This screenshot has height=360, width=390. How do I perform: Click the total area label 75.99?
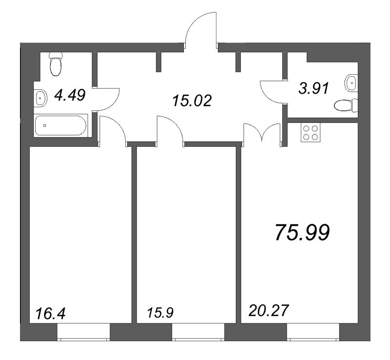point(302,233)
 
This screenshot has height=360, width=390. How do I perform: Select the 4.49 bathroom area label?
point(70,94)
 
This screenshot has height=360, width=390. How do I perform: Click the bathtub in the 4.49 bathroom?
point(60,125)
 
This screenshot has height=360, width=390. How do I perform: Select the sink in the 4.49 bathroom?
point(40,98)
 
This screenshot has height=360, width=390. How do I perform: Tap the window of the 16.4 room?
point(83,333)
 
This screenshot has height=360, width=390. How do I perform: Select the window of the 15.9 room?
point(197,333)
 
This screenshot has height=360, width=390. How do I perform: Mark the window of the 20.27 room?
point(312,333)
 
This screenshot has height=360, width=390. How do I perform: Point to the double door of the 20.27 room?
point(262,133)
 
